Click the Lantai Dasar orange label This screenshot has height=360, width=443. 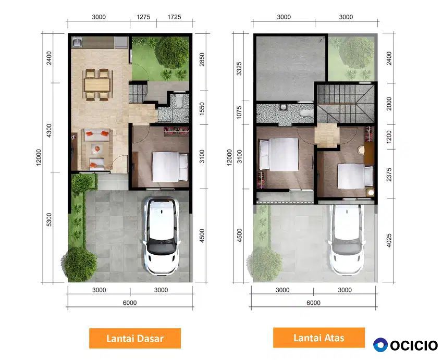pos(135,338)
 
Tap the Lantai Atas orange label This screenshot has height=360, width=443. pos(318,338)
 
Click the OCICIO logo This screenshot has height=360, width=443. pos(405,345)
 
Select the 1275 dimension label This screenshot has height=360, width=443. pos(143,17)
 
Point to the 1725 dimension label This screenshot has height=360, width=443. pos(174,17)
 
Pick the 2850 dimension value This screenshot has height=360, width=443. pos(202,59)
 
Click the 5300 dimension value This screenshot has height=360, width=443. pos(49,220)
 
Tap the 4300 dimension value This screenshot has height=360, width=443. pos(49,130)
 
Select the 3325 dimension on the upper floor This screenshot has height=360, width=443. pos(239,69)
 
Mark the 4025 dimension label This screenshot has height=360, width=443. pos(389,240)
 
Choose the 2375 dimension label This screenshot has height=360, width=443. pos(389,175)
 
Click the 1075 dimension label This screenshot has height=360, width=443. pos(239,113)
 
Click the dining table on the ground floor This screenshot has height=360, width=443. pos(97,85)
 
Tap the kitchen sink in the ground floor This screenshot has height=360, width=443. pos(77,42)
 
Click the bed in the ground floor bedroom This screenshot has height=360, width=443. pos(170,167)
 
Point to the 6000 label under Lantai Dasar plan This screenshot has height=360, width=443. pos(130,303)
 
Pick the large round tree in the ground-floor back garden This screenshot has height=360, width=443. pos(172,52)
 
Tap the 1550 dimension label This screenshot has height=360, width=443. pos(202,109)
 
